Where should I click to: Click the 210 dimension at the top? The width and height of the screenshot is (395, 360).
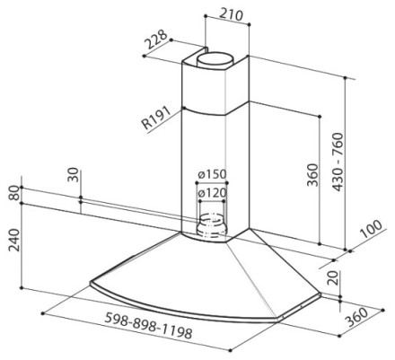[231, 15]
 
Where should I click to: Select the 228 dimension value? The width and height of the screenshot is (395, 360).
[155, 39]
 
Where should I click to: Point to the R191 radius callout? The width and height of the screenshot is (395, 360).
[156, 118]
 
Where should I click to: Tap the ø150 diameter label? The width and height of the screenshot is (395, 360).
[212, 174]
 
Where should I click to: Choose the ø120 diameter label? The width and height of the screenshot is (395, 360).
[212, 193]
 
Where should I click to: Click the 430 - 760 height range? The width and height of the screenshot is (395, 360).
[338, 162]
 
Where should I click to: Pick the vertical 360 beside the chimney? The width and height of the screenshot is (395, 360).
[312, 175]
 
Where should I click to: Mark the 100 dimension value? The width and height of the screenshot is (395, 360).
[372, 229]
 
